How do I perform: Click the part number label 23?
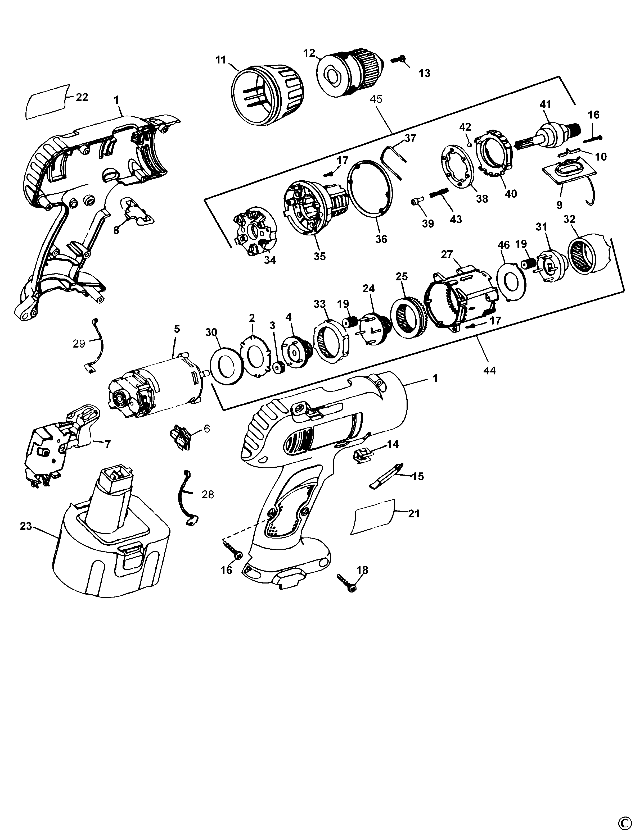point(26,526)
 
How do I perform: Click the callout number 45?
point(376,99)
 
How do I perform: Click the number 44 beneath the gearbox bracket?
point(489,371)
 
